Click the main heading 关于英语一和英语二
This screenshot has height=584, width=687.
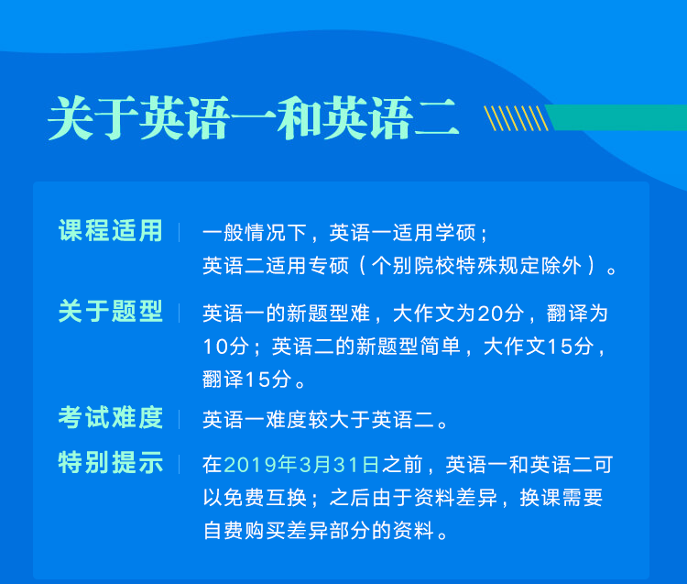253,118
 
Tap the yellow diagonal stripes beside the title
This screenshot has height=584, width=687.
516,118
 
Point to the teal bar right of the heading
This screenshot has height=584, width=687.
616,117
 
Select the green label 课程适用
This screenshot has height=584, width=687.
111,231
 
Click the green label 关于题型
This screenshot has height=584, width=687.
111,312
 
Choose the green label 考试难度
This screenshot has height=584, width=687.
111,417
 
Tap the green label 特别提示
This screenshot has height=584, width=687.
111,462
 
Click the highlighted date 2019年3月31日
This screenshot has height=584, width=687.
301,465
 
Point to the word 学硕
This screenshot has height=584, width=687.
456,233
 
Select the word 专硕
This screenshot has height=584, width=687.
329,266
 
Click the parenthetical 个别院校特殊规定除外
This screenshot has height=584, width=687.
476,266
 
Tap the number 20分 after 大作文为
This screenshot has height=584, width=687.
501,314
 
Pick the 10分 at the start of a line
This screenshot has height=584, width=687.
226,347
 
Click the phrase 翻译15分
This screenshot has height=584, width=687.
246,380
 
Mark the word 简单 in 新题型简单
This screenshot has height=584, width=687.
441,347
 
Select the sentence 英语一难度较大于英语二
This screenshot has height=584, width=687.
319,420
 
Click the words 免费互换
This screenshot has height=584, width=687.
265,498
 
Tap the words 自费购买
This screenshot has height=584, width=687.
245,531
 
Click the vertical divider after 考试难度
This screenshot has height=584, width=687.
180,419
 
